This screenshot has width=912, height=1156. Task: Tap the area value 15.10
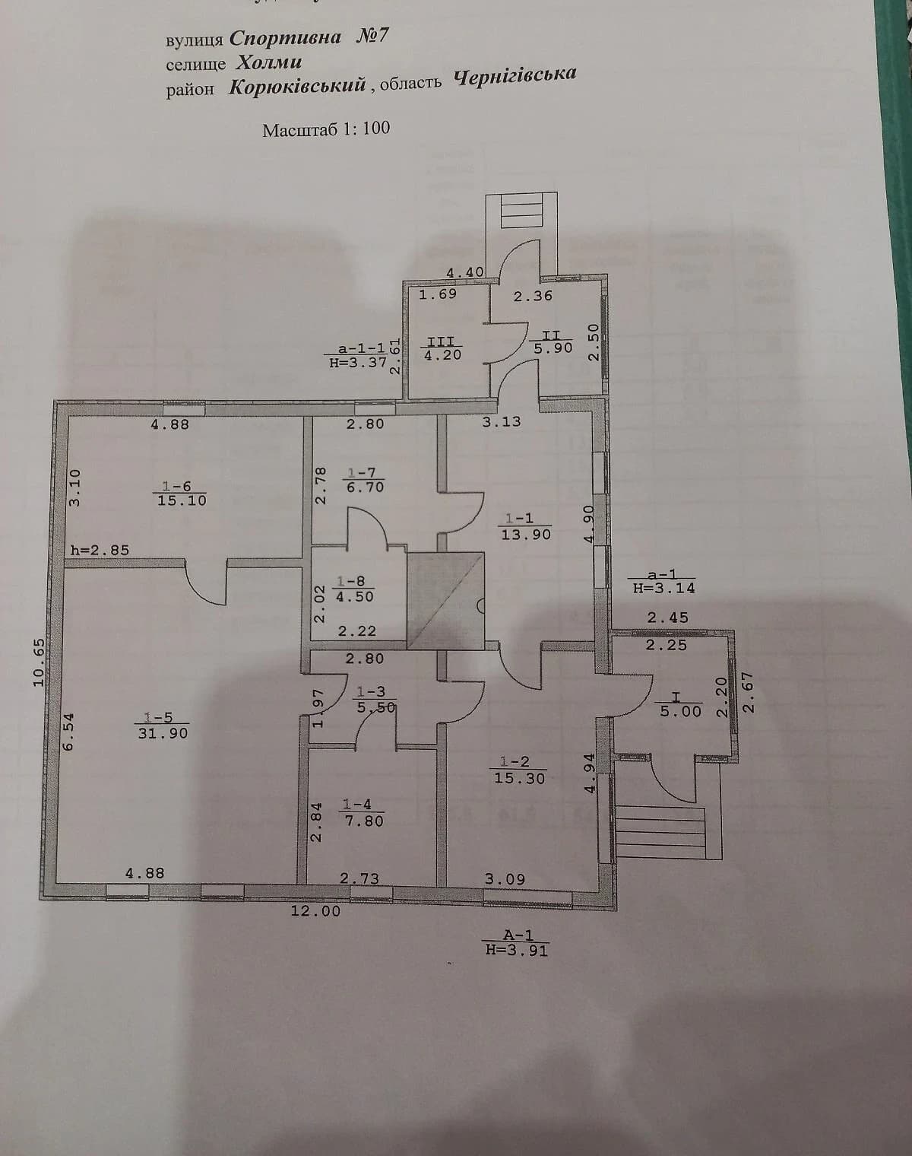click(182, 500)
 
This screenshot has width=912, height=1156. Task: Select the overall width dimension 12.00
click(315, 911)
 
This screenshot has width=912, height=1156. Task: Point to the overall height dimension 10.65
click(40, 662)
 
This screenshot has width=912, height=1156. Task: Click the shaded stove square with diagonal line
click(445, 601)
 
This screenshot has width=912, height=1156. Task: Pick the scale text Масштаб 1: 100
click(326, 129)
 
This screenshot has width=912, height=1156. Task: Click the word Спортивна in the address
click(285, 38)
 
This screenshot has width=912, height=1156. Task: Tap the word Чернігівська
click(515, 76)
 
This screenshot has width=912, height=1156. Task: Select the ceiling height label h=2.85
click(100, 550)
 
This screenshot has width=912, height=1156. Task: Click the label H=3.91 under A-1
click(516, 950)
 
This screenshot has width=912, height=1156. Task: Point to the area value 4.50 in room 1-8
click(354, 597)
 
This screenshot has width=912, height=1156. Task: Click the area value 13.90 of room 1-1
click(526, 535)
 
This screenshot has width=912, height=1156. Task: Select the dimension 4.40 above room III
click(465, 272)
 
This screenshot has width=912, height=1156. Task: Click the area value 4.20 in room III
click(443, 354)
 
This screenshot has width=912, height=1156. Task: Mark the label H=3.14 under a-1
click(664, 588)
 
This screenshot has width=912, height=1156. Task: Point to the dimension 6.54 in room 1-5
click(69, 731)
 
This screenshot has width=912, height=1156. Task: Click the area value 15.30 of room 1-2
click(520, 778)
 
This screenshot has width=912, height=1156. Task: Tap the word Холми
click(270, 63)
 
